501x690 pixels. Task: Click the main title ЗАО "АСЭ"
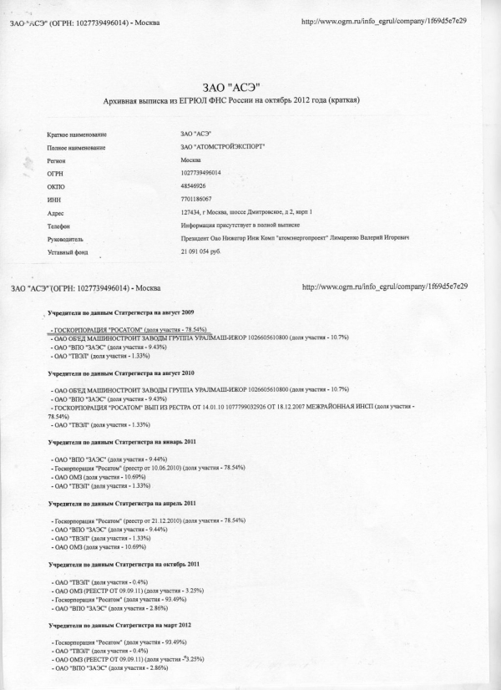[232, 86]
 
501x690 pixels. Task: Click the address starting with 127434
[251, 213]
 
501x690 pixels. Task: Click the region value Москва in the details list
[190, 160]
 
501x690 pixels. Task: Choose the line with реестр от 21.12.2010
[148, 520]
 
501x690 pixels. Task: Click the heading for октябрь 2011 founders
[122, 565]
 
